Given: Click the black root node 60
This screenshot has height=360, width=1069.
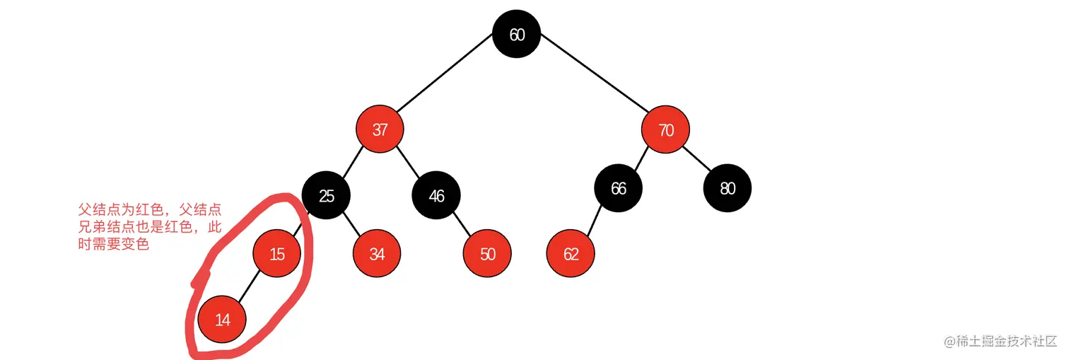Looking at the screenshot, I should tap(517, 34).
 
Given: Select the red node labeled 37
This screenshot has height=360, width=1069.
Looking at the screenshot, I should tap(380, 129).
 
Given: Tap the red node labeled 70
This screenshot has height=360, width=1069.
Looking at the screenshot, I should tap(665, 129).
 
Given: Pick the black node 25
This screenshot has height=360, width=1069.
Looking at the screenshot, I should tap(326, 195).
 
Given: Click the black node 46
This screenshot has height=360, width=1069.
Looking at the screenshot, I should tap(436, 195).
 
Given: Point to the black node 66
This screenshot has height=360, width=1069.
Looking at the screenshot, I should tap(618, 188).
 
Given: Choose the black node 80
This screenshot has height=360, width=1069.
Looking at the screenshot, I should tap(728, 188).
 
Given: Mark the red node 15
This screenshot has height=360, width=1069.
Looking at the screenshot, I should tap(277, 253).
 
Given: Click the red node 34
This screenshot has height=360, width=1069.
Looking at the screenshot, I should tap(377, 253).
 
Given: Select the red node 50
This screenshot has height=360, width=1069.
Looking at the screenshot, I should tap(487, 253).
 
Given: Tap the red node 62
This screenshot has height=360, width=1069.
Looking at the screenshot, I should tap(571, 253).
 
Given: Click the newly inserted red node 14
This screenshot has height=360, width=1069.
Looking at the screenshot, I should tap(222, 320).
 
